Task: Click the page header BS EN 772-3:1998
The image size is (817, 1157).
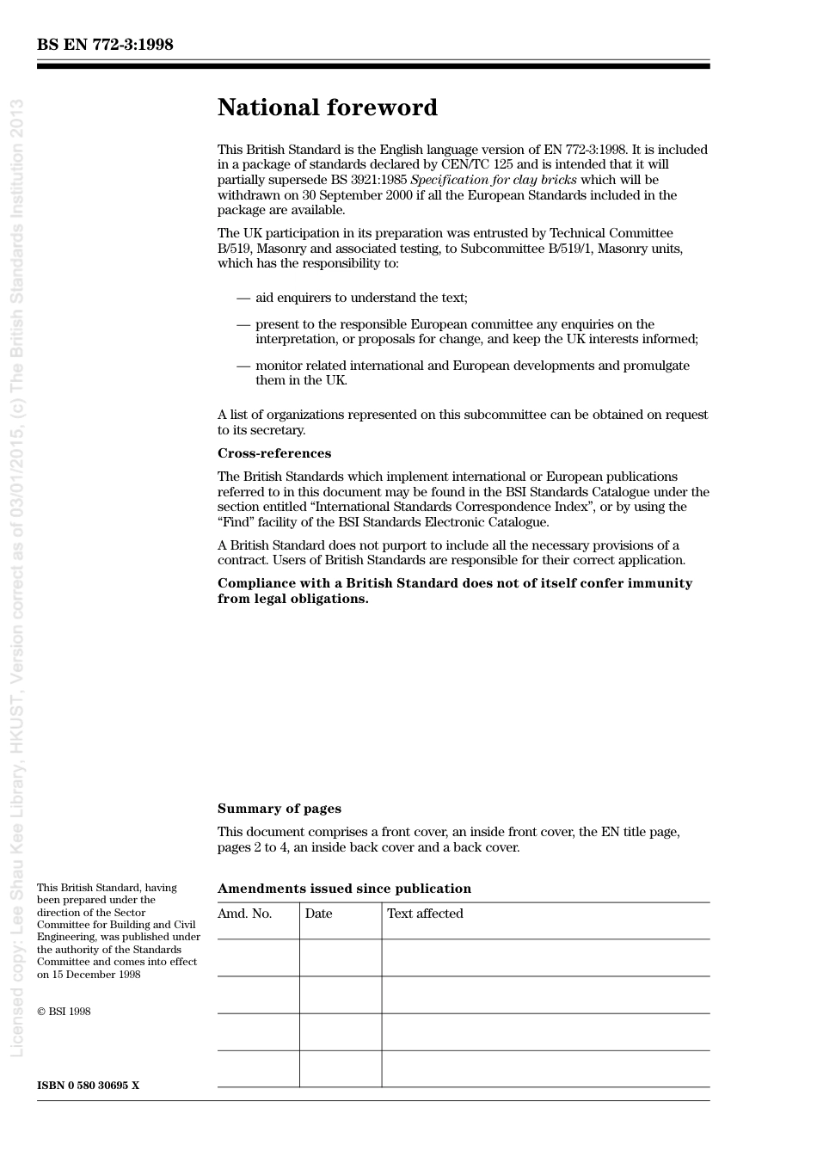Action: coord(105,45)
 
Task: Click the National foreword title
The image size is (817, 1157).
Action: coord(327,108)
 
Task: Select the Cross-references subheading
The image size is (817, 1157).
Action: coord(273,453)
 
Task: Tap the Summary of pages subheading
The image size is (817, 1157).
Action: coord(279,809)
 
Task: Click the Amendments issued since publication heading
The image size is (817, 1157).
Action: coord(344,889)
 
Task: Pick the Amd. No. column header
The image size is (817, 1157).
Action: coord(244,914)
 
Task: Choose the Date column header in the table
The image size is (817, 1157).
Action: coord(318,914)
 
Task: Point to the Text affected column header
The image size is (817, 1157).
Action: coord(425,914)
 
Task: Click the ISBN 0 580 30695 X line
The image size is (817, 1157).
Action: coord(88,1086)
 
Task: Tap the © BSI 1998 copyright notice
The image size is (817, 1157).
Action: coord(64,1012)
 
